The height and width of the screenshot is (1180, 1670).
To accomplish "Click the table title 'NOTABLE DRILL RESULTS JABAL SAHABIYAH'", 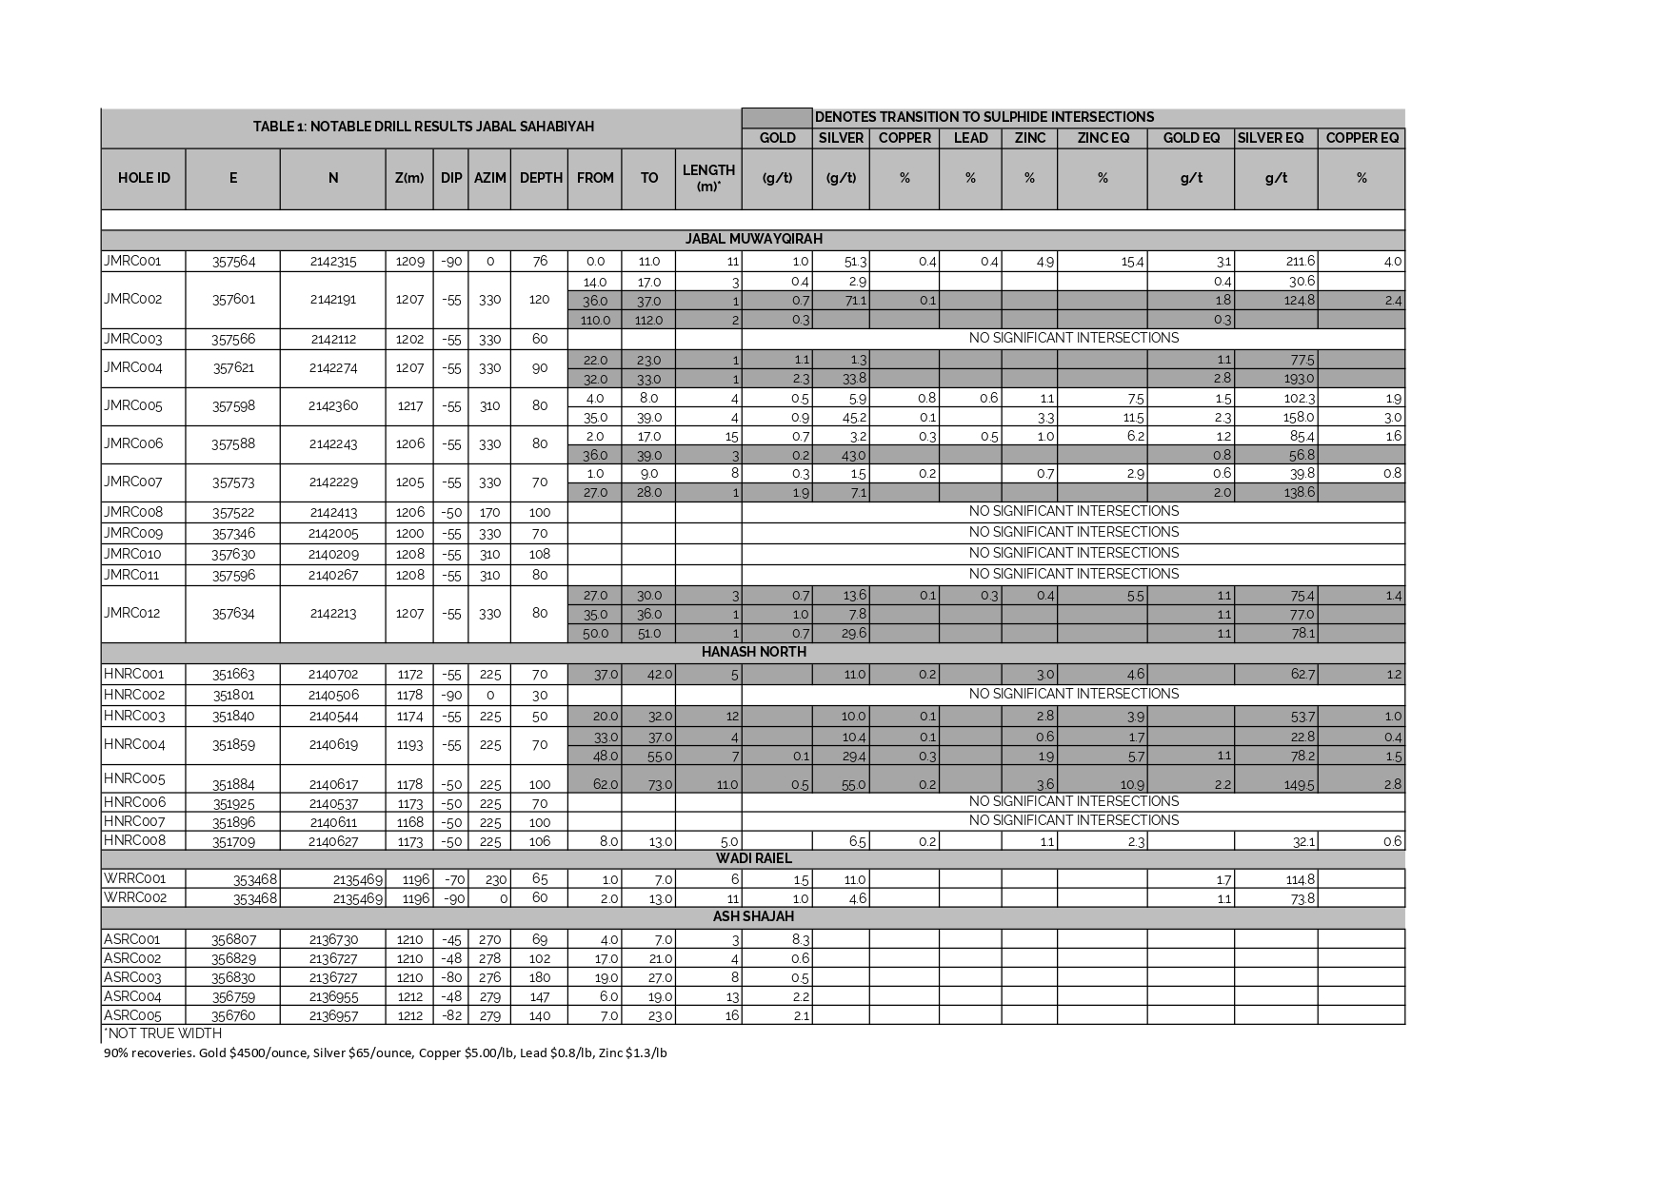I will (423, 127).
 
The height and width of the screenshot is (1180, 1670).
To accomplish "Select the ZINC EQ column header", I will (1103, 138).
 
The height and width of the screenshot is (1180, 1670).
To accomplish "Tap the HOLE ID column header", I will (144, 178).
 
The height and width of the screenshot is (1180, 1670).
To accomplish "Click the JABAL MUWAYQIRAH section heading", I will (753, 239).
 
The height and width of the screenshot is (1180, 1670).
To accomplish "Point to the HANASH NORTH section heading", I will (753, 652).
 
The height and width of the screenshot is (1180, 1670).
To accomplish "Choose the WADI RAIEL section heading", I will (753, 858).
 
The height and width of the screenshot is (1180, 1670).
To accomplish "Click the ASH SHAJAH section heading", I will (753, 916).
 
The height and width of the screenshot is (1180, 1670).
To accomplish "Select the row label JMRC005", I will (133, 406).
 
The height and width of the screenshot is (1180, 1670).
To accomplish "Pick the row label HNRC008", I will (133, 840).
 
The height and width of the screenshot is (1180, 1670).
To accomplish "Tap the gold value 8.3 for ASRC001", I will (800, 939).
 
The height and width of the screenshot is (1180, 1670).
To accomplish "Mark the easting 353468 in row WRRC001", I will (255, 879).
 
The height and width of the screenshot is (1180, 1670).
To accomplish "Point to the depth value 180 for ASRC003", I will (539, 977).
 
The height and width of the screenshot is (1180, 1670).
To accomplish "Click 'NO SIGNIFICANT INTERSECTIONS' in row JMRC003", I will (1073, 338).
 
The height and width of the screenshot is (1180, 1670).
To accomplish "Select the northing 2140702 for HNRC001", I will (333, 675).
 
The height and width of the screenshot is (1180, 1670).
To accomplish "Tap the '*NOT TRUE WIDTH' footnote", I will (163, 1033).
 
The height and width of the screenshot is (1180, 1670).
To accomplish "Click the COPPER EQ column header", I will (1362, 138).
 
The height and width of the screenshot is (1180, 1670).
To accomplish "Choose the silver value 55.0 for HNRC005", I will (853, 785).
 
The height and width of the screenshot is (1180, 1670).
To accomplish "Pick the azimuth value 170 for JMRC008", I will (489, 513).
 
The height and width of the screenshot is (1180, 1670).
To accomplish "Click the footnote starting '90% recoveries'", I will (385, 1053).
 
